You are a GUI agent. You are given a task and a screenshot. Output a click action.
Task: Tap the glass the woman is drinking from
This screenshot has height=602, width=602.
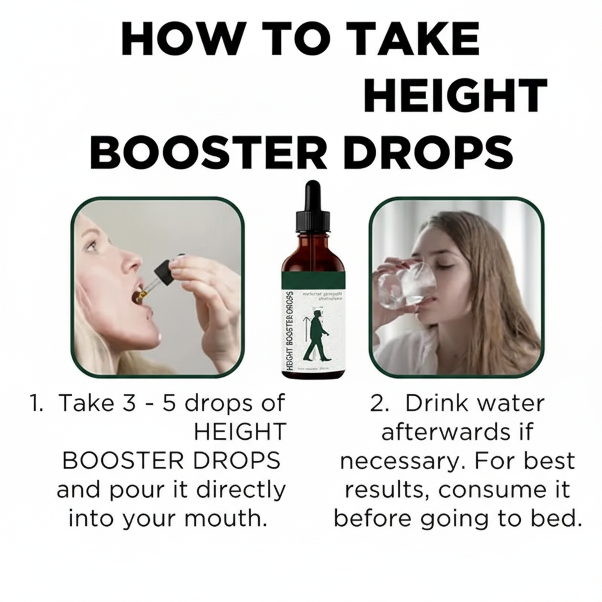tap(406, 285)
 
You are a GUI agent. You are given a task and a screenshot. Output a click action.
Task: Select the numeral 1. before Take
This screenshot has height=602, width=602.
tap(36, 404)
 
